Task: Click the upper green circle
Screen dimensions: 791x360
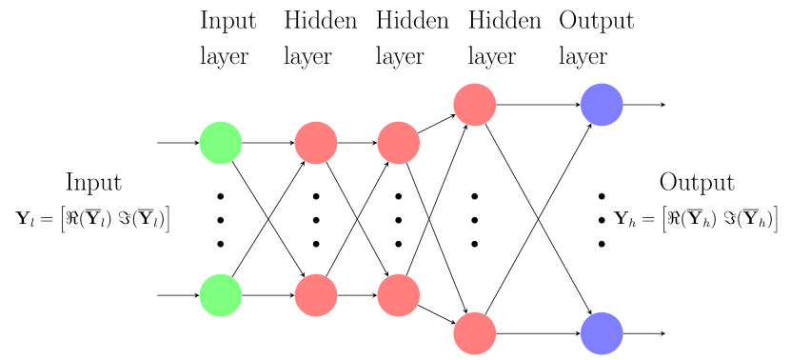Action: [221, 143]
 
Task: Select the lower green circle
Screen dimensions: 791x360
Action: [221, 295]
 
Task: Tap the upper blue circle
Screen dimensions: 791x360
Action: [602, 105]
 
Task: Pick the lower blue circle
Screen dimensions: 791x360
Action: [602, 333]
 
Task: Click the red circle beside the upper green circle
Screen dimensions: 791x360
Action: [316, 143]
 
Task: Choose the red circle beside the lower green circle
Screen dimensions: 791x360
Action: [316, 295]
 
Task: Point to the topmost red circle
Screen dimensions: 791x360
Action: [475, 105]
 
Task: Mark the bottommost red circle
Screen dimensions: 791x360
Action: [475, 333]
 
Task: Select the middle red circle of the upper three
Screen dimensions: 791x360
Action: [399, 143]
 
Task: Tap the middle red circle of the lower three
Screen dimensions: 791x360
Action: [399, 295]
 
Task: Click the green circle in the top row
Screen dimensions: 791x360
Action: [221, 143]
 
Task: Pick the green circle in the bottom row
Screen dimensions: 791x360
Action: [221, 295]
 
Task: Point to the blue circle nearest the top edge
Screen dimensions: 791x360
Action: [602, 105]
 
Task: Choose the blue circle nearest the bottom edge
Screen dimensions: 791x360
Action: [602, 333]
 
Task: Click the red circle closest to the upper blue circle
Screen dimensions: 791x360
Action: [475, 105]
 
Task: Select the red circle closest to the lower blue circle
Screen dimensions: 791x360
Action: [475, 333]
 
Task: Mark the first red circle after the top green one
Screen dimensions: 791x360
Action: [316, 143]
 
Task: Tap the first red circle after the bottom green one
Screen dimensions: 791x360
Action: [316, 295]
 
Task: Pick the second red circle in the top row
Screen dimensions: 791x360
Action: [399, 143]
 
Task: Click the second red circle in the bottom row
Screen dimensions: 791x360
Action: [399, 295]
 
